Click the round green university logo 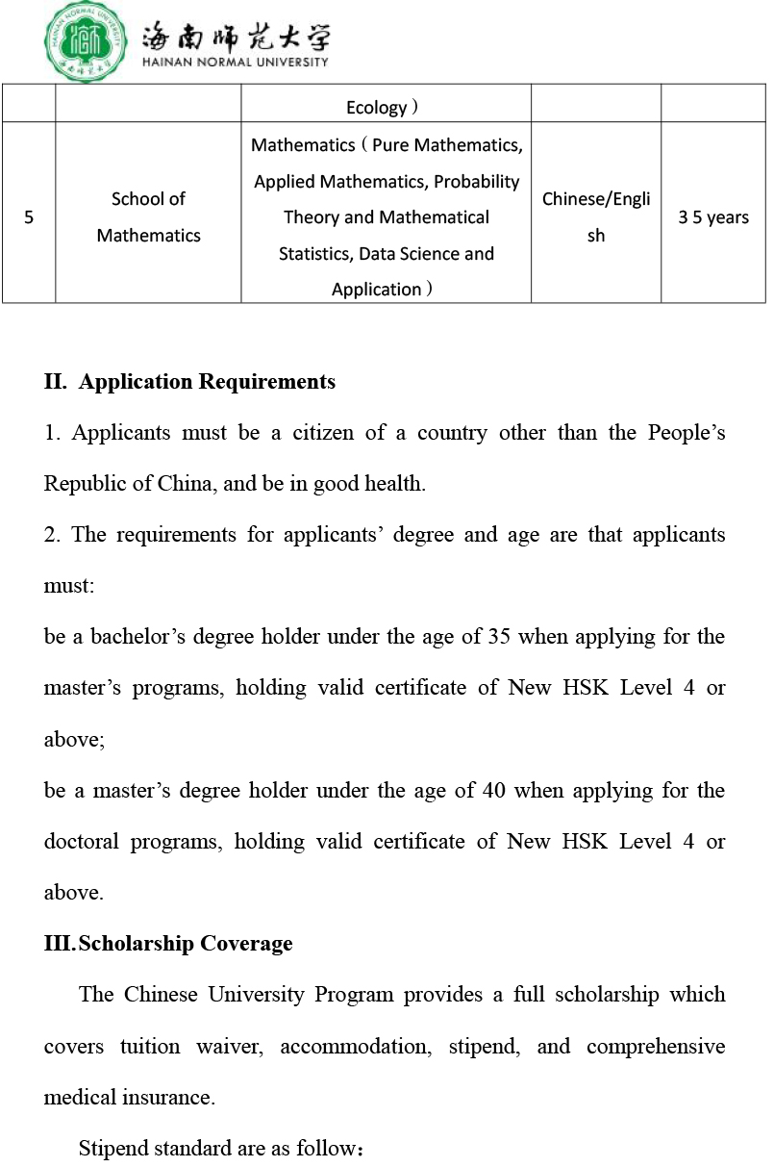pyautogui.click(x=85, y=40)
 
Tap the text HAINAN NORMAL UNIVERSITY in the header pyautogui.click(x=235, y=62)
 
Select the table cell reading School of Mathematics pyautogui.click(x=148, y=217)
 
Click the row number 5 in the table pyautogui.click(x=29, y=217)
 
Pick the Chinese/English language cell pyautogui.click(x=596, y=217)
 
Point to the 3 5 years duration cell pyautogui.click(x=713, y=217)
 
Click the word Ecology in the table pyautogui.click(x=377, y=108)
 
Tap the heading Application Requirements pyautogui.click(x=207, y=382)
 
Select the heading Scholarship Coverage pyautogui.click(x=186, y=944)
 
